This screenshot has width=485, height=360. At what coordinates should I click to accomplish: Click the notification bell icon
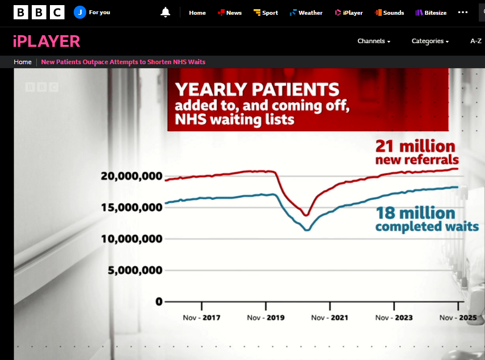click(166, 12)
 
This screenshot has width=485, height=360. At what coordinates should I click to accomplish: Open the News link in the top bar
click(230, 12)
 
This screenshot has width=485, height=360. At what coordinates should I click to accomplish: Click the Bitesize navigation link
click(432, 12)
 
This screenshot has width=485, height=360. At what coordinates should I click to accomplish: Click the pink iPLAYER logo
click(47, 41)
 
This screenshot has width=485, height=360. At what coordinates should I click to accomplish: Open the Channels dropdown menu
click(374, 41)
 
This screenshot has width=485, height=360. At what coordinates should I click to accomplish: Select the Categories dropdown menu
click(430, 41)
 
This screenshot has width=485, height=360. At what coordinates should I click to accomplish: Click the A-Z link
click(476, 41)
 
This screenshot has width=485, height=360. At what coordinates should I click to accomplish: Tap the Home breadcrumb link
click(23, 62)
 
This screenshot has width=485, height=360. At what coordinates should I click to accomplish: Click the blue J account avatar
click(80, 12)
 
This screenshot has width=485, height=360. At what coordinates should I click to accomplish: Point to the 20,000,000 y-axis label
click(132, 176)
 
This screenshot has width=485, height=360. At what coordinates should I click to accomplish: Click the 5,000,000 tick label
click(136, 270)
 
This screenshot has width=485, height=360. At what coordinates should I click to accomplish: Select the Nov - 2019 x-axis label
click(266, 317)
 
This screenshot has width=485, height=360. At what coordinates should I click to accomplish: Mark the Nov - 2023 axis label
click(394, 317)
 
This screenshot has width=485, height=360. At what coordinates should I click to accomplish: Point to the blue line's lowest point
click(307, 229)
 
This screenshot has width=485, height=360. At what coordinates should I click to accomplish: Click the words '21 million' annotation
click(415, 145)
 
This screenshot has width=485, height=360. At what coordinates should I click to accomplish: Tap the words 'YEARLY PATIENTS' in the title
click(257, 90)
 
